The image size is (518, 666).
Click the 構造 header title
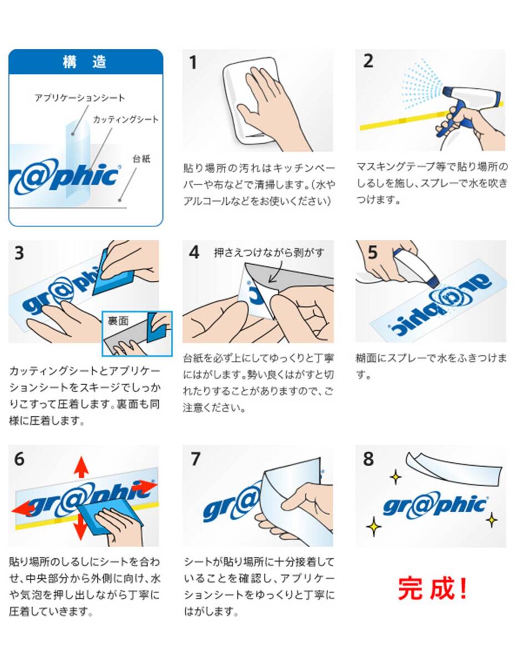click(x=84, y=62)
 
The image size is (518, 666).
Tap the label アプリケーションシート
click(x=80, y=98)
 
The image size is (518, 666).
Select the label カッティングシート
click(x=126, y=119)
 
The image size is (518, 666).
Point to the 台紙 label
click(x=141, y=159)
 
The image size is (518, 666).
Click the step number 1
click(x=193, y=63)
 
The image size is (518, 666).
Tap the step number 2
click(x=368, y=61)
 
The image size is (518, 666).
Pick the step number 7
click(x=195, y=459)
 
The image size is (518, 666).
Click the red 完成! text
click(x=432, y=588)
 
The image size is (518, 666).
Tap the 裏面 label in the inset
click(x=118, y=321)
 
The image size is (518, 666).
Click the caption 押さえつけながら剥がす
click(x=269, y=253)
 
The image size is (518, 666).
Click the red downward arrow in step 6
click(x=80, y=527)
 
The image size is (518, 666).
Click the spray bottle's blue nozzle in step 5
click(x=433, y=281)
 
